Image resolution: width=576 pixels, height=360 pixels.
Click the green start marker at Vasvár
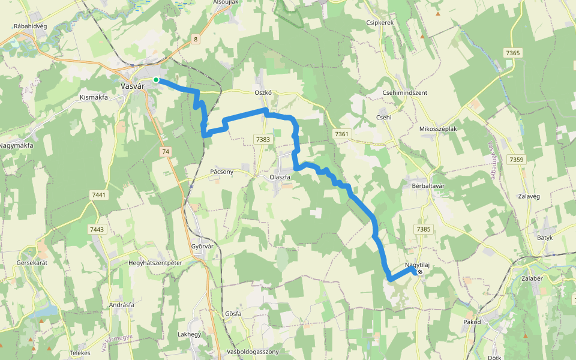tap(156, 80)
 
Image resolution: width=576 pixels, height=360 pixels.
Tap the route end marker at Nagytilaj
tap(420, 272)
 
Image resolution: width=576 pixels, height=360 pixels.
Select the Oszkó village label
tap(263, 93)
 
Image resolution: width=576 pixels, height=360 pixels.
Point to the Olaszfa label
tap(280, 178)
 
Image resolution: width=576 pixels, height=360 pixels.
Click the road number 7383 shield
tap(263, 139)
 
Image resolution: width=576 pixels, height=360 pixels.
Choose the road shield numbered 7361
tap(342, 133)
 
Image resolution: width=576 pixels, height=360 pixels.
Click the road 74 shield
tap(166, 152)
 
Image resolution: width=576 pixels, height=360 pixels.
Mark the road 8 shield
tap(196, 40)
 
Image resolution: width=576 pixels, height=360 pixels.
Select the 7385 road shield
tap(423, 229)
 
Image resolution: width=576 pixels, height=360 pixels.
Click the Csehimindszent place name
tap(404, 93)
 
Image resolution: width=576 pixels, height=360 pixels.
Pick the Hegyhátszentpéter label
tap(155, 263)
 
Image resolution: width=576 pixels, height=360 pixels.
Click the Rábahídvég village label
tap(30, 26)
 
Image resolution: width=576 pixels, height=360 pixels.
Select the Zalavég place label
tap(529, 196)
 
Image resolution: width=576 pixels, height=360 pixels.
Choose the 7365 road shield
tap(513, 53)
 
